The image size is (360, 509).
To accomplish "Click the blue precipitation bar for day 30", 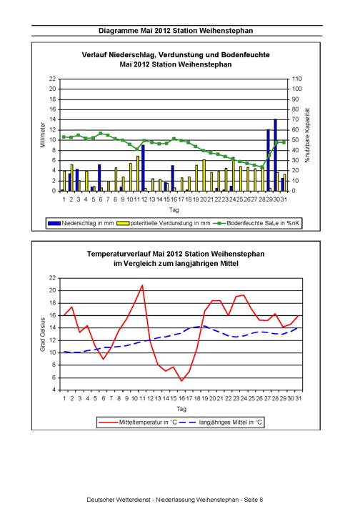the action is tap(275, 155).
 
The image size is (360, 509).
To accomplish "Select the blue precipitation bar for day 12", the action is tap(143, 168).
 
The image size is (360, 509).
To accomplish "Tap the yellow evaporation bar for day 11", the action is tap(138, 174).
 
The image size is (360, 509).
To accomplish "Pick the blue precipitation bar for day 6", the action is tap(99, 178).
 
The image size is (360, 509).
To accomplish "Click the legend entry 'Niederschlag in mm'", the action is tap(81, 223).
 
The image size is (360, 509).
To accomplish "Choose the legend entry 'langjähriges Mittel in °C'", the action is tap(221, 422).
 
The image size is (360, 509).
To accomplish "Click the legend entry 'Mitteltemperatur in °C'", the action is tap(138, 422).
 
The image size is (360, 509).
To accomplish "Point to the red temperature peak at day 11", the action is tap(142, 285).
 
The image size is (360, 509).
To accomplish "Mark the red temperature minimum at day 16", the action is tap(181, 380).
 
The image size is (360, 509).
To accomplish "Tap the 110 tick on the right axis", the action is tap(296, 79).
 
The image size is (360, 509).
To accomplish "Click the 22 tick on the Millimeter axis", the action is tap(53, 79).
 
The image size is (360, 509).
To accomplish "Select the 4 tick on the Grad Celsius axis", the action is tap(54, 390).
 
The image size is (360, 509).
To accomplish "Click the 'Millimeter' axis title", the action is tap(43, 134).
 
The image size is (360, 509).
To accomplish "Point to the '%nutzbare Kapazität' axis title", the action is tap(307, 135).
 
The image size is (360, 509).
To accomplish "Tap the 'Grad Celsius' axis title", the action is tap(43, 335).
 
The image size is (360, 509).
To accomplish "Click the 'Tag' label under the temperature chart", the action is tap(181, 409).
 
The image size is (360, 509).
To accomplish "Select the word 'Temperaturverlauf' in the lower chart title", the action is tap(119, 254).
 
